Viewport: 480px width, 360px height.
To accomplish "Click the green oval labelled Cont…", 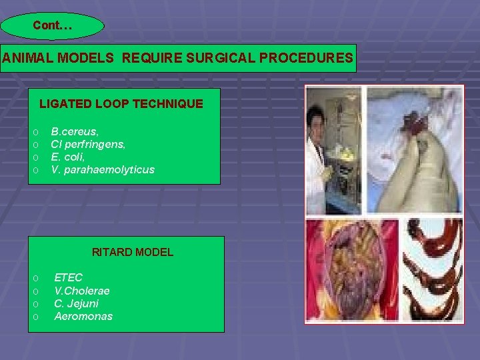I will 52,26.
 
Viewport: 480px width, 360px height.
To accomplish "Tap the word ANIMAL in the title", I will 29,58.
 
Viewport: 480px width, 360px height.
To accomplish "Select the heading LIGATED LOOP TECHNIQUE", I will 121,104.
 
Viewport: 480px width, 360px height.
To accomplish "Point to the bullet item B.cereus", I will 75,131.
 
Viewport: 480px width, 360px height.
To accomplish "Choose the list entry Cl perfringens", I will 88,144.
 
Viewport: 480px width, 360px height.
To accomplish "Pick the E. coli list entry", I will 68,157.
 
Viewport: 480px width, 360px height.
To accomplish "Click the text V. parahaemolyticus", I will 103,169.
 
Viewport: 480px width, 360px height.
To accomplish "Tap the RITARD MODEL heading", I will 133,252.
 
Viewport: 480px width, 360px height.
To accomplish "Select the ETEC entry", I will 69,277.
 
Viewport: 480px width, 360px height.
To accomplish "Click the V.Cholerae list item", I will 82,291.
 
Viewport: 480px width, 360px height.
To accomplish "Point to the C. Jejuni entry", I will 75,303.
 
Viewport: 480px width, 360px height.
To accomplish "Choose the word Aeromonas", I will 83,316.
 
